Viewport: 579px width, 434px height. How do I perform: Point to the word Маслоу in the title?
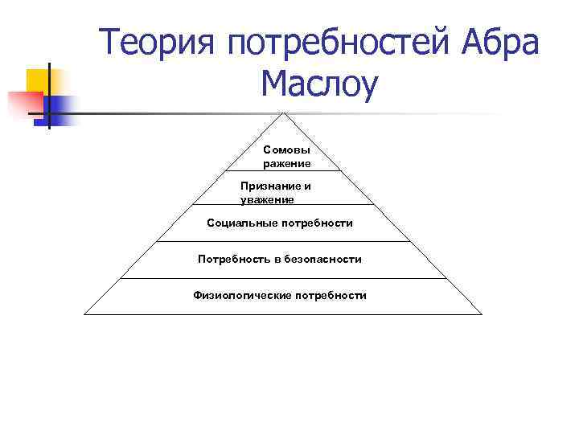pos(318,85)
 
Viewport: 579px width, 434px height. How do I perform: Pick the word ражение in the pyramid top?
pos(286,163)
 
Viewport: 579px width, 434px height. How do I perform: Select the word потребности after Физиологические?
pos(331,295)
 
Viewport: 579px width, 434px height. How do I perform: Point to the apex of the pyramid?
pos(283,112)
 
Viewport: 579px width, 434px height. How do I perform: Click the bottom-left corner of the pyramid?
pos(84,314)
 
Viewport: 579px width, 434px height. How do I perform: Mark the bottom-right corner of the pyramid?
pos(482,314)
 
